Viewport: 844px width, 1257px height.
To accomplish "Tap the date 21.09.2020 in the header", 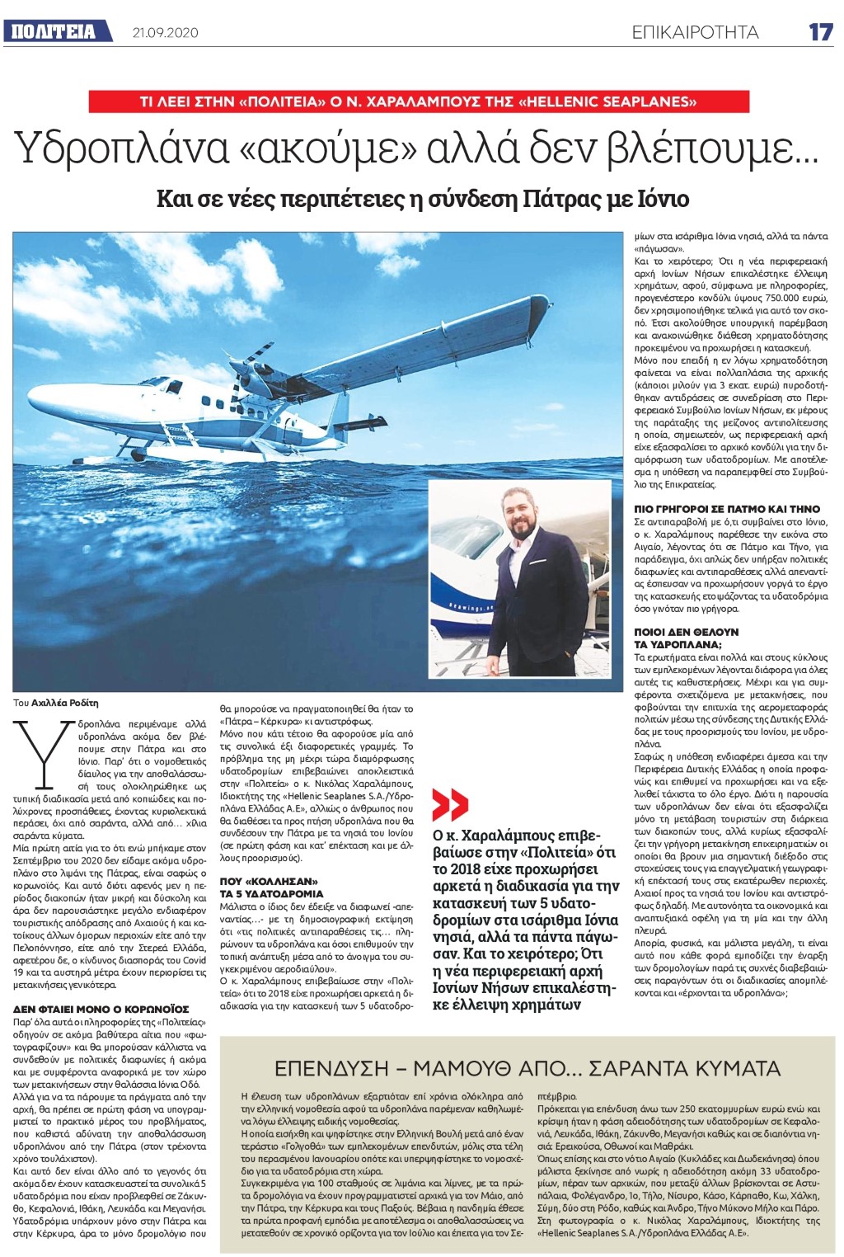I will pos(166,33).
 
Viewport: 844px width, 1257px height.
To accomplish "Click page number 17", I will pos(820,32).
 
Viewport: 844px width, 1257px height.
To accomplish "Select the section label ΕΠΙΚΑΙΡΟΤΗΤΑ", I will pos(695,32).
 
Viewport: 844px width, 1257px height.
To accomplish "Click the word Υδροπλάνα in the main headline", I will pos(123,148).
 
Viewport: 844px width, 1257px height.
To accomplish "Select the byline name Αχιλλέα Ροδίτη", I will pos(65,703).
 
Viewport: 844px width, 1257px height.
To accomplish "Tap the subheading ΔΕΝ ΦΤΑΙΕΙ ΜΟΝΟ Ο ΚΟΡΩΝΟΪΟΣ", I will pos(101,1009).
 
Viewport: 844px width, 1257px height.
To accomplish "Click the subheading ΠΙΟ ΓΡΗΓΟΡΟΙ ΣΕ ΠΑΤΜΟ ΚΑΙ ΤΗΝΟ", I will pos(710,510).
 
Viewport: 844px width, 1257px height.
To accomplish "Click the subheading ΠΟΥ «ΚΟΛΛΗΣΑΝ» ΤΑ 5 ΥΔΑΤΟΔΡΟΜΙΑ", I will pos(271,887).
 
